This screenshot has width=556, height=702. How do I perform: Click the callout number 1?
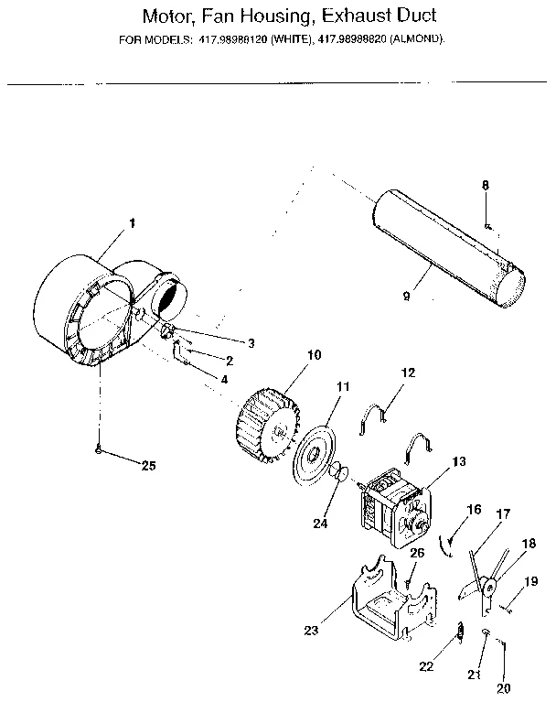point(132,222)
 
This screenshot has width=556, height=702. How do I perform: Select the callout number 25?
point(148,465)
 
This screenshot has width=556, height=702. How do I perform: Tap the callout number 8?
point(486,185)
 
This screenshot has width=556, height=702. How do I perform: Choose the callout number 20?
point(502,687)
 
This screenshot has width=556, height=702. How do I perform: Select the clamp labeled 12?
point(376,416)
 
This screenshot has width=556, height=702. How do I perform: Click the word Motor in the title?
point(170,16)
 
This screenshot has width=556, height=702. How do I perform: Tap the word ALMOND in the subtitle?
point(415,39)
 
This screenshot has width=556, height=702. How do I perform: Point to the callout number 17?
point(501,515)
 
